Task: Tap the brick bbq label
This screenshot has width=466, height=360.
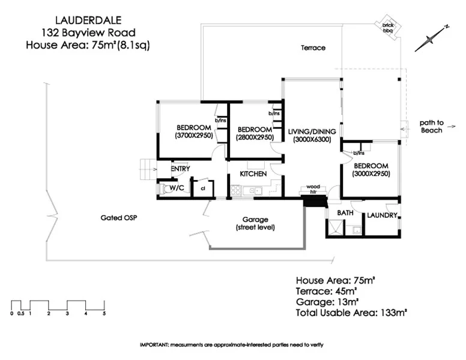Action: pos(387,28)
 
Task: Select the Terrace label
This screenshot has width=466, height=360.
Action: pos(313,47)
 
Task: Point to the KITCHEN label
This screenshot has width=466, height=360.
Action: pos(253,173)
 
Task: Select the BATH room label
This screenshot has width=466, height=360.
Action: pos(345,213)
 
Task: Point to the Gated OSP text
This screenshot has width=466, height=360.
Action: pos(119,218)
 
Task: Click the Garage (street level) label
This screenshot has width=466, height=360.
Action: pos(255,223)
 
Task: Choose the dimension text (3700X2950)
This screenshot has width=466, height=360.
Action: pos(193,136)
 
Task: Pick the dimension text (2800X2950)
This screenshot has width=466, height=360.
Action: pos(256,137)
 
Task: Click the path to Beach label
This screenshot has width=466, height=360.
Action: pos(431,127)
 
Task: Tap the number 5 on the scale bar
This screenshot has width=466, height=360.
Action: pos(104,313)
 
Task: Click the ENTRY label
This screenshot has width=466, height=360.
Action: pos(181,169)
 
